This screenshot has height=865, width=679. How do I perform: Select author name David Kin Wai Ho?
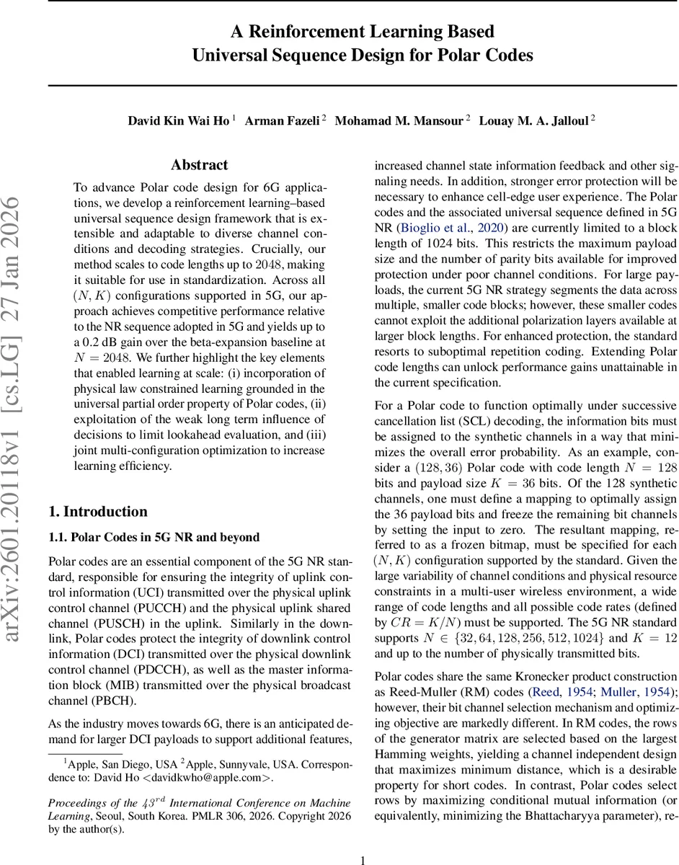pyautogui.click(x=179, y=120)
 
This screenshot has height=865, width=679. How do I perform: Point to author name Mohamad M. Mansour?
pyautogui.click(x=402, y=120)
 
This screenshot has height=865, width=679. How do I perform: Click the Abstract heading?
pyautogui.click(x=199, y=165)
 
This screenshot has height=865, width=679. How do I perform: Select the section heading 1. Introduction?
pyautogui.click(x=97, y=512)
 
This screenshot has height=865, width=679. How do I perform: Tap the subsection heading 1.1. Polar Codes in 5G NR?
pyautogui.click(x=154, y=538)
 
